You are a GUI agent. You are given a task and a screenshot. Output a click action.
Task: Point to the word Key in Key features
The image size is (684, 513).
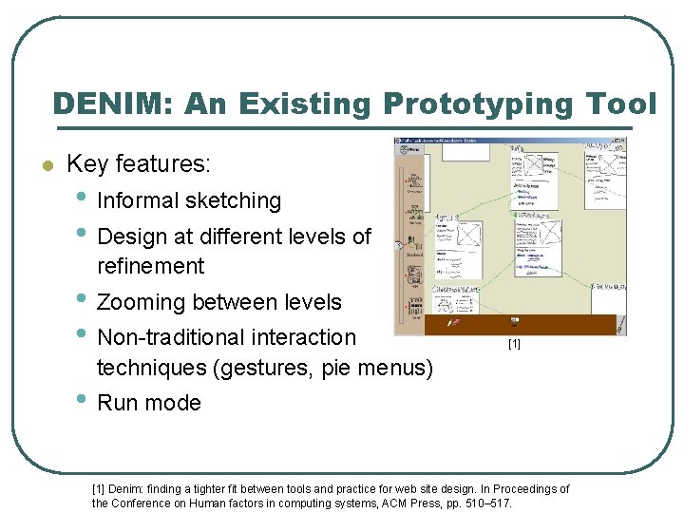pyautogui.click(x=87, y=164)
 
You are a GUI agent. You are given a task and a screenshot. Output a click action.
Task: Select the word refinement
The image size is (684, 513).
pyautogui.click(x=150, y=266)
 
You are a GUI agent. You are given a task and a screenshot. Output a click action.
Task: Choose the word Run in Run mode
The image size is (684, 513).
pyautogui.click(x=118, y=403)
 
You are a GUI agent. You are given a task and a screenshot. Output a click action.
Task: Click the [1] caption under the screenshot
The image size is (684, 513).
pyautogui.click(x=514, y=344)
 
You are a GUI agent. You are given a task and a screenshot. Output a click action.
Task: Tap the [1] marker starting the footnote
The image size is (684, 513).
pyautogui.click(x=98, y=489)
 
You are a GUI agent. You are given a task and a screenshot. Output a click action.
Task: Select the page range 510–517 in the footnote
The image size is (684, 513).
pyautogui.click(x=493, y=503)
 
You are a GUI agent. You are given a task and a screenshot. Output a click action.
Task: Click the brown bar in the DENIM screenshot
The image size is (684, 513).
pyautogui.click(x=524, y=325)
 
